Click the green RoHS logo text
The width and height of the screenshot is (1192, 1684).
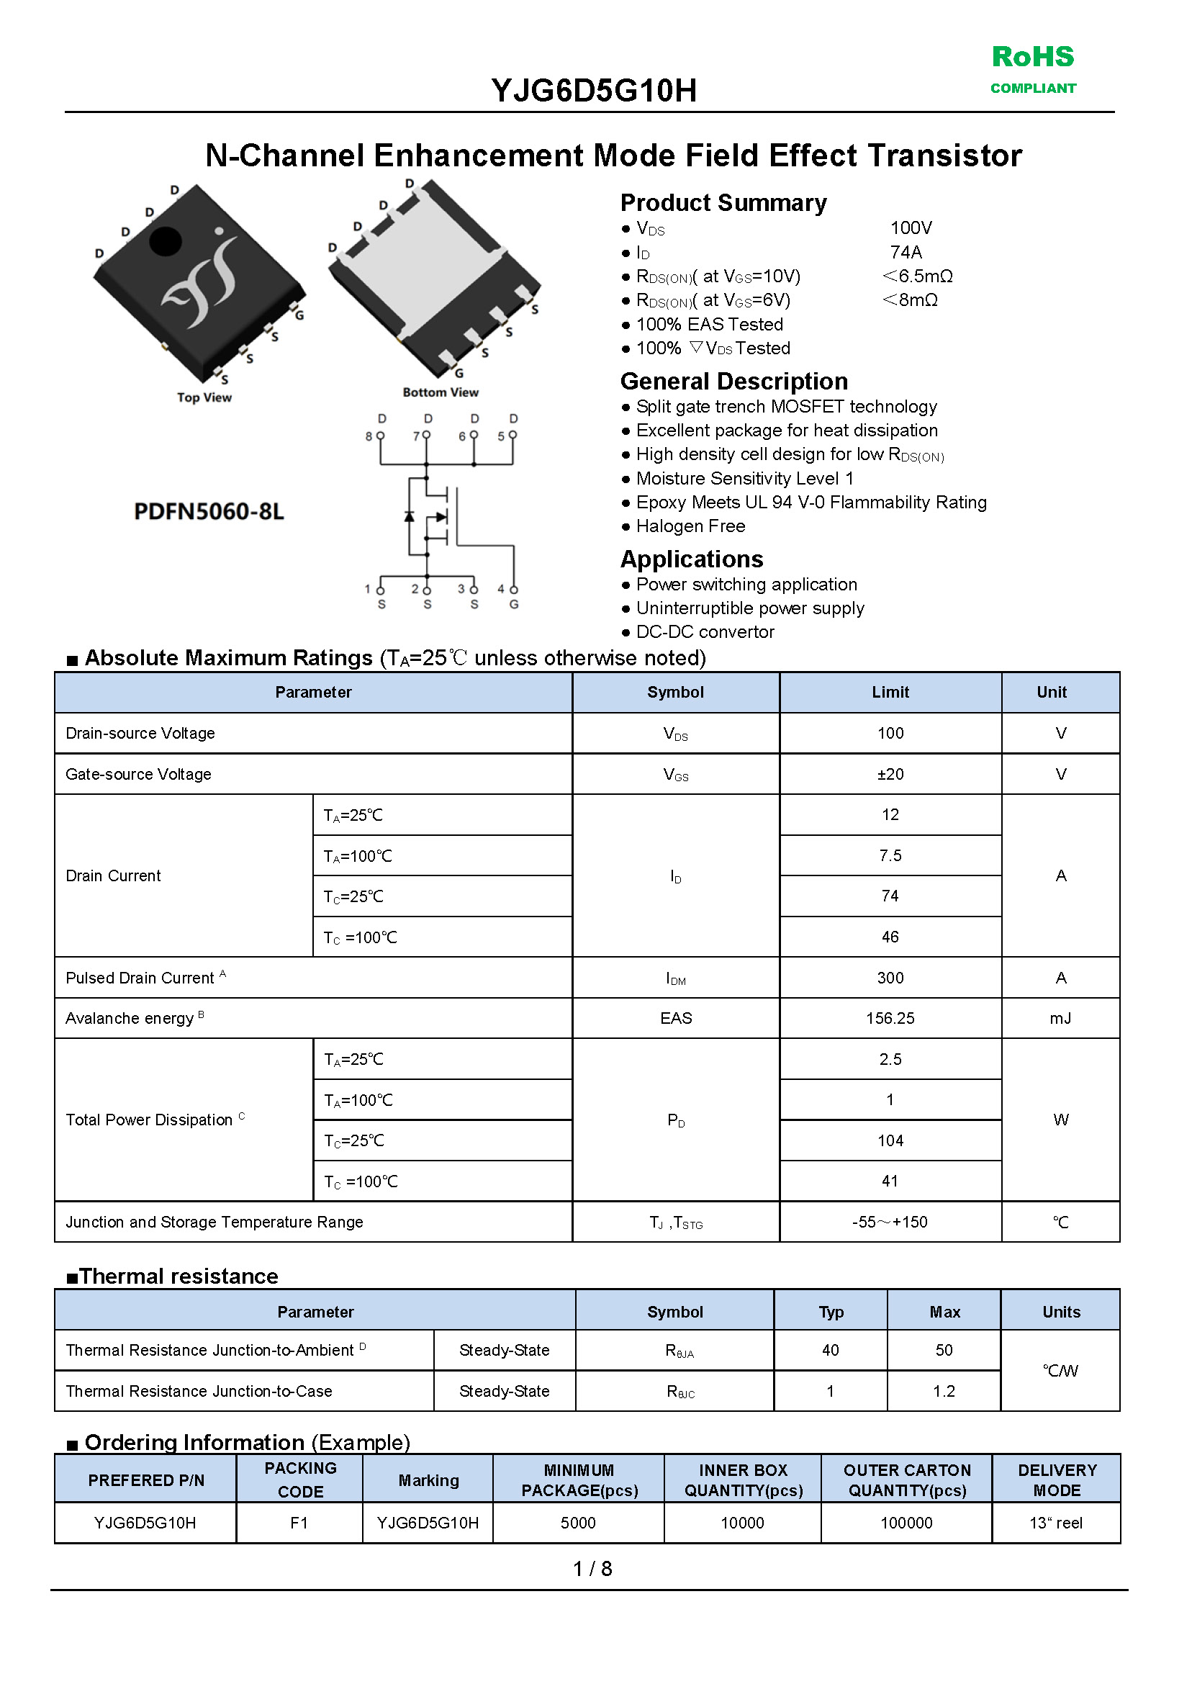pos(1032,57)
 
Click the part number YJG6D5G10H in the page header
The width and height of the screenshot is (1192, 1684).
pos(594,91)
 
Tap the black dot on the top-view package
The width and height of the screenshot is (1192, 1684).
pos(165,240)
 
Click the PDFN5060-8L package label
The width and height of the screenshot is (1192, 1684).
pos(209,511)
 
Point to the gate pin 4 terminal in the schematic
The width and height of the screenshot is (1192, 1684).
pos(514,590)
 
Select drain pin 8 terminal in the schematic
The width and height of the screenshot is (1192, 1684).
pos(380,436)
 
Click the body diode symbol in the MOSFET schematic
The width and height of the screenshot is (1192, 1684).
pos(410,516)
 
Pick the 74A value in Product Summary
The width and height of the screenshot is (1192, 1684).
pos(906,252)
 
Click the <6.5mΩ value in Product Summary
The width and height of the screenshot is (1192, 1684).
pos(918,276)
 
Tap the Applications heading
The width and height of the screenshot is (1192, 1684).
pos(692,559)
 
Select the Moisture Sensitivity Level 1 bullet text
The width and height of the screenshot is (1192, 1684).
pos(744,479)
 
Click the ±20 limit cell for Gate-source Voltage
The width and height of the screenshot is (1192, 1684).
pos(890,774)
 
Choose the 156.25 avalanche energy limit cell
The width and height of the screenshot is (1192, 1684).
pos(890,1018)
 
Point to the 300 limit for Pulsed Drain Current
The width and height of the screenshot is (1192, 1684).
pos(890,978)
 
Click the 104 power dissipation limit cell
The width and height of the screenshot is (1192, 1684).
pos(890,1140)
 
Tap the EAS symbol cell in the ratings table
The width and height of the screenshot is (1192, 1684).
pos(675,1018)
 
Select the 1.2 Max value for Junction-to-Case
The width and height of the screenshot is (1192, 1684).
pos(943,1391)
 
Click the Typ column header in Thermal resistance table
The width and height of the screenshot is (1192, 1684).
pos(831,1312)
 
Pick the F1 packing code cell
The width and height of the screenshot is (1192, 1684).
pos(299,1523)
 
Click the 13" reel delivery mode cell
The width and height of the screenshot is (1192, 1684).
pos(1055,1523)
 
